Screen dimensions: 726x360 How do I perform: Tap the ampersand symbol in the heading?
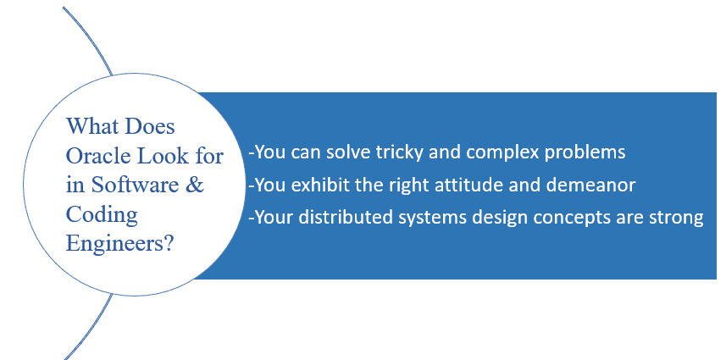(196, 185)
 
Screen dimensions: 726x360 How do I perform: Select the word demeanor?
(590, 186)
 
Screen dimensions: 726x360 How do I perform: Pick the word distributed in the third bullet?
(346, 217)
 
